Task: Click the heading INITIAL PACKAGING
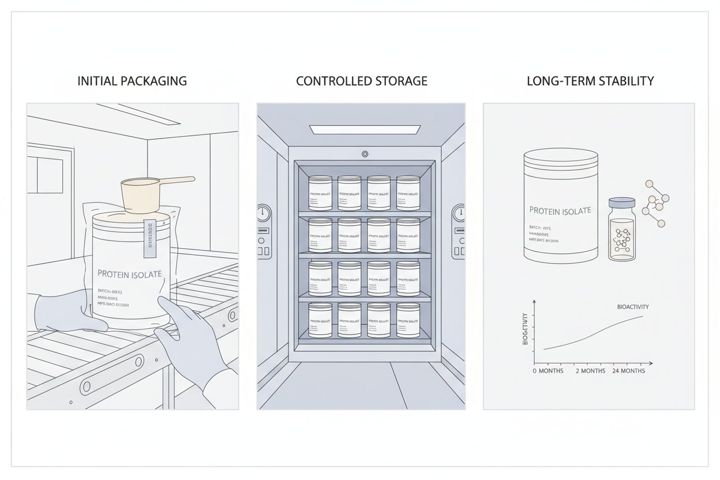tap(132, 81)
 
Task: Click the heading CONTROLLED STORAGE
tap(362, 81)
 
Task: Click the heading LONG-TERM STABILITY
tap(590, 81)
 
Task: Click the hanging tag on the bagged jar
tap(150, 237)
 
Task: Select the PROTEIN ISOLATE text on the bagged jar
tap(130, 273)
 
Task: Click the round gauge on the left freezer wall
tap(264, 213)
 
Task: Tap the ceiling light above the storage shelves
tap(365, 130)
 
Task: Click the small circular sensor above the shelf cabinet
tap(365, 154)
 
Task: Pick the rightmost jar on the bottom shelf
tap(408, 320)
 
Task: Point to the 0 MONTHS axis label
tap(548, 371)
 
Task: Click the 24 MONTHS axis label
tap(628, 371)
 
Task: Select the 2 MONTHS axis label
tap(590, 371)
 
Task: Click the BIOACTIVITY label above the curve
tap(632, 307)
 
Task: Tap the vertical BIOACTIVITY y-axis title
tap(525, 329)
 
